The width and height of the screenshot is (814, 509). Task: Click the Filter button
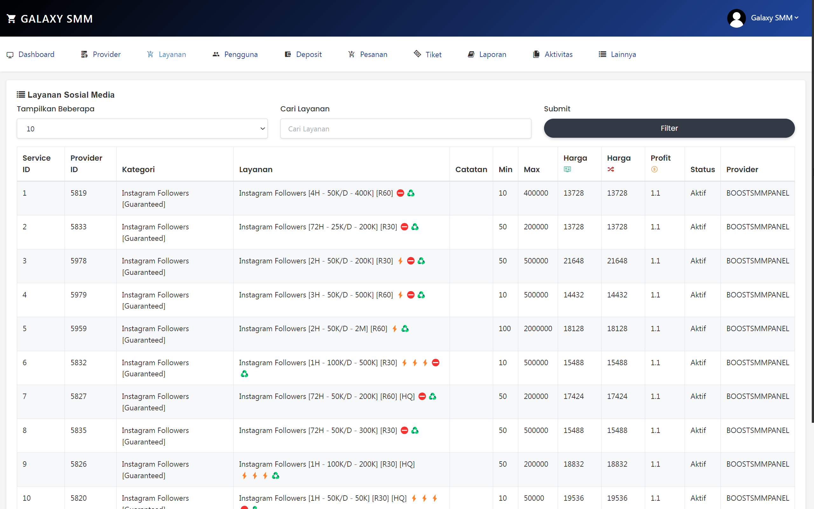[x=669, y=128]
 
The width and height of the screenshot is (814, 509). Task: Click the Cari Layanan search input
[x=406, y=129]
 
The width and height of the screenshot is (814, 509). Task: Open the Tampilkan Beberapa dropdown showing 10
[x=142, y=129]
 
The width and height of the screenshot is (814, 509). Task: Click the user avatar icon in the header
[x=736, y=18]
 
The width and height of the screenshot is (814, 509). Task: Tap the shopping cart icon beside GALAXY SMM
[x=11, y=19]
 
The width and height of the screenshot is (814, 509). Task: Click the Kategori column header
[x=138, y=169]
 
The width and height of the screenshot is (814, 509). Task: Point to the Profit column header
[x=660, y=158]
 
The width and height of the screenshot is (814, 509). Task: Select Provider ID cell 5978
[x=78, y=261]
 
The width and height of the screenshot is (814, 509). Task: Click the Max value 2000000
[x=537, y=329]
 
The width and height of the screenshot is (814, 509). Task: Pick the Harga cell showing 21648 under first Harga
[x=574, y=261]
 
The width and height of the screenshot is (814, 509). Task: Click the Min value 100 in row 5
[x=505, y=329]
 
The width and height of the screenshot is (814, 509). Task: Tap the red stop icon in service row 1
[x=400, y=193]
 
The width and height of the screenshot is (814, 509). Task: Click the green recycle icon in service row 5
[x=405, y=329]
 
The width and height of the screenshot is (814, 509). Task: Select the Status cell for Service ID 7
[x=698, y=396]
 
